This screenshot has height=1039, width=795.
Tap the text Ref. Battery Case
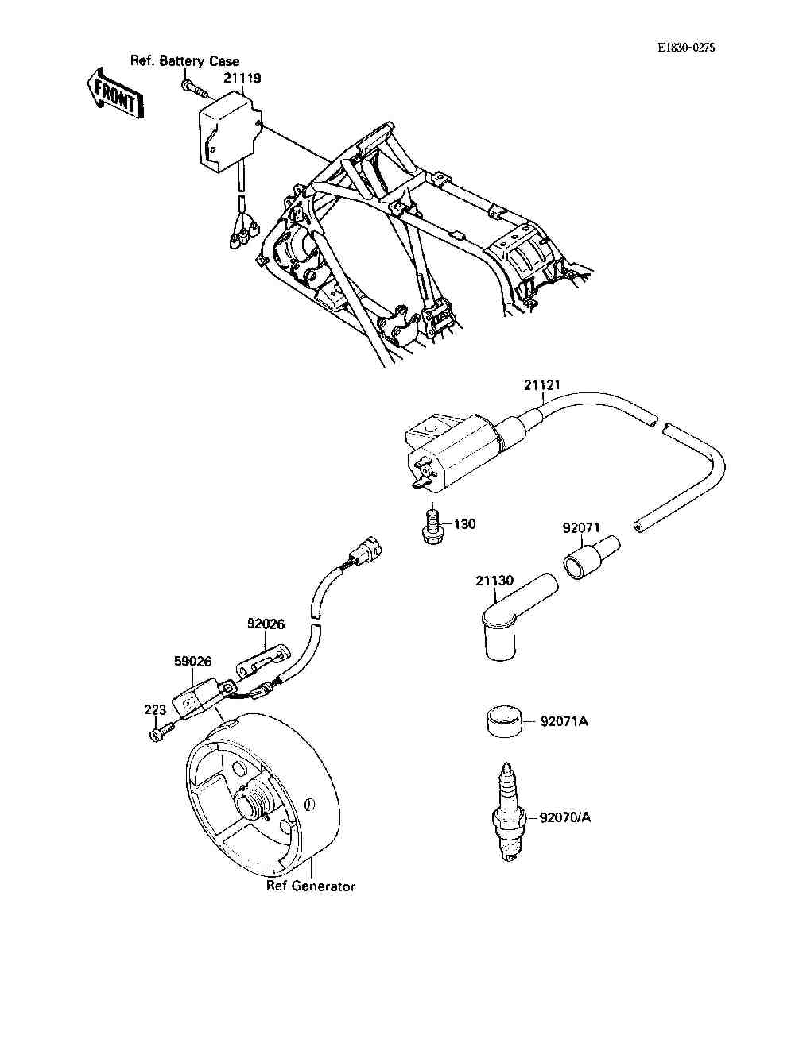184,61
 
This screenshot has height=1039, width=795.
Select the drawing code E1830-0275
686,48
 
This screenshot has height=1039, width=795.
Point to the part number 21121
542,386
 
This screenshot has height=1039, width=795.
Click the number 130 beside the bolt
465,524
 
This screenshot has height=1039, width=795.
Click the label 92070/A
564,817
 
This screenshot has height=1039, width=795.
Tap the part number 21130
494,581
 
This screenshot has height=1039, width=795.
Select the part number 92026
266,624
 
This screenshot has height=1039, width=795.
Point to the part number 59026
193,661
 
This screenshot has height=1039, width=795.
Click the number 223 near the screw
154,709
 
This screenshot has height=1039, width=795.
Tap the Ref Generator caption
311,886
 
